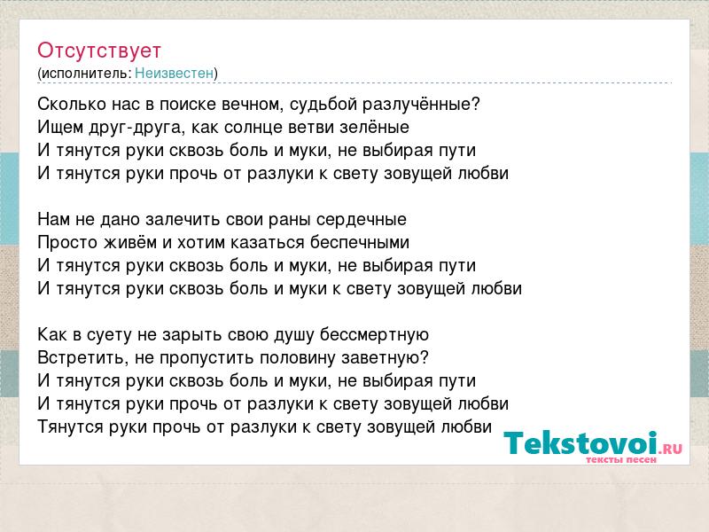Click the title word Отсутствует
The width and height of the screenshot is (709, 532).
pyautogui.click(x=99, y=51)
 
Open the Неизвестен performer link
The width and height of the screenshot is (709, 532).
pyautogui.click(x=174, y=73)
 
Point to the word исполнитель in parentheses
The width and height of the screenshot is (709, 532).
pyautogui.click(x=86, y=74)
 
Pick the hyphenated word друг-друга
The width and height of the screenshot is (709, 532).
pyautogui.click(x=134, y=128)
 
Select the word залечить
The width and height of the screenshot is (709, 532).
pyautogui.click(x=183, y=219)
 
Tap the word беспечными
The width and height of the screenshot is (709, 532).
pyautogui.click(x=360, y=243)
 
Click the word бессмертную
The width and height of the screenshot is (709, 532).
pyautogui.click(x=374, y=335)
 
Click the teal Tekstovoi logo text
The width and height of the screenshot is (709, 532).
pyautogui.click(x=580, y=442)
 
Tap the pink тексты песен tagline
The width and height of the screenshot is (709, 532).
pyautogui.click(x=621, y=459)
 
